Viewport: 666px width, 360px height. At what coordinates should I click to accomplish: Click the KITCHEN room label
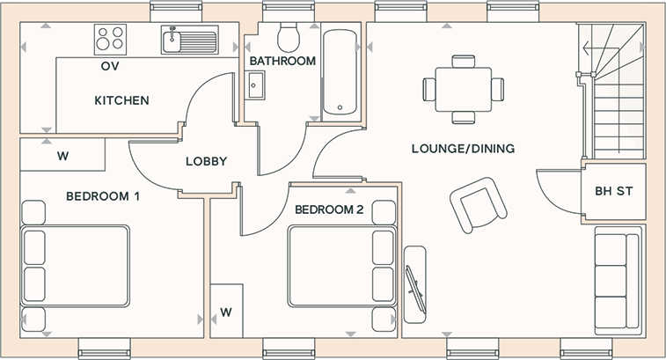point(121,100)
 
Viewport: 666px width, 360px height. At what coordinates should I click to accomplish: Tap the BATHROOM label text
point(282,62)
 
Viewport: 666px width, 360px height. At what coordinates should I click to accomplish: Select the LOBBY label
point(207,161)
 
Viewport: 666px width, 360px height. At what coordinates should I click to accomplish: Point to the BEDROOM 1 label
point(103,196)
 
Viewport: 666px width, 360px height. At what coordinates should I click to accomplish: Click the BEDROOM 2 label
point(329,209)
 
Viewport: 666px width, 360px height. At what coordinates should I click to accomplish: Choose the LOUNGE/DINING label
point(463,149)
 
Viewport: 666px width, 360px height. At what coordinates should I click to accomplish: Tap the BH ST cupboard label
point(614,191)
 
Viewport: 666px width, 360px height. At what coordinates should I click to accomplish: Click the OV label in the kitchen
point(110,66)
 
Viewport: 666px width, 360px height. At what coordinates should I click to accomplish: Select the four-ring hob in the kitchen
point(111,39)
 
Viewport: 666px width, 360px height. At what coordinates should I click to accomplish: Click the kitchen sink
point(189,40)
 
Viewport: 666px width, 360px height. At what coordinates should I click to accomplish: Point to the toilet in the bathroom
point(289,36)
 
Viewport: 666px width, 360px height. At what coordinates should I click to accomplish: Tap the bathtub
point(340,72)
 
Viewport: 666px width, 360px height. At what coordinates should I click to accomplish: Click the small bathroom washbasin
point(256,85)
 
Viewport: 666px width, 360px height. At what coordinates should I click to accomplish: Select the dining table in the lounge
point(464,89)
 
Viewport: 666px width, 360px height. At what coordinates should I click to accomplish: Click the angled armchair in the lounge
point(479,205)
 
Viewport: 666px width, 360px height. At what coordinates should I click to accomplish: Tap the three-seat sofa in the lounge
point(617,281)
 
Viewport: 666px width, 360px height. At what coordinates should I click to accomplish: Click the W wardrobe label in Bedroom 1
point(62,157)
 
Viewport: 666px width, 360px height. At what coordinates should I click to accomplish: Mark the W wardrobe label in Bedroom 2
point(226,312)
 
